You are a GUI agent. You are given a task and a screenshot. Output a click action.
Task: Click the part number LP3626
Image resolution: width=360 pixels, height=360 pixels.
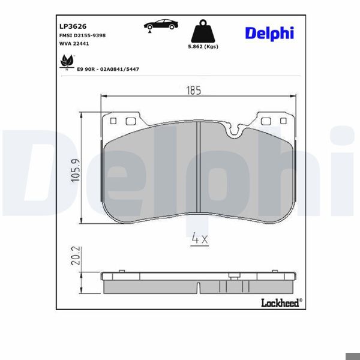(73, 26)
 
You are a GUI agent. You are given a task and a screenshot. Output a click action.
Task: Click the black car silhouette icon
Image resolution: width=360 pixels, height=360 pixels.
(160, 26)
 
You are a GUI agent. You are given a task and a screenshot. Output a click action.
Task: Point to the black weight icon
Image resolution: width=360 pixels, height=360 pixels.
(202, 32)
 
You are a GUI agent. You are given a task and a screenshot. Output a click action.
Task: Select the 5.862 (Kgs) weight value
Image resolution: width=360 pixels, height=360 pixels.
(202, 47)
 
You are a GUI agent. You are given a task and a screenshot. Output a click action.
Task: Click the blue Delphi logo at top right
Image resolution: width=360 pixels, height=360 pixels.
(269, 33)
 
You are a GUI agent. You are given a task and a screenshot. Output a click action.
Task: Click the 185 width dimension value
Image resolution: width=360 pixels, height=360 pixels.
(193, 91)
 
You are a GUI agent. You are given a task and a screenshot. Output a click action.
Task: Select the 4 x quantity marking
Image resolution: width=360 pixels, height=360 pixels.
(199, 239)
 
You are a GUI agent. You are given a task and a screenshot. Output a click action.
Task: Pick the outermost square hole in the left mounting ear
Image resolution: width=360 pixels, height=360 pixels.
(112, 121)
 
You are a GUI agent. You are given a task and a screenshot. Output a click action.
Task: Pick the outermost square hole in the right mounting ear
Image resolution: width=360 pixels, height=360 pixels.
(283, 121)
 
